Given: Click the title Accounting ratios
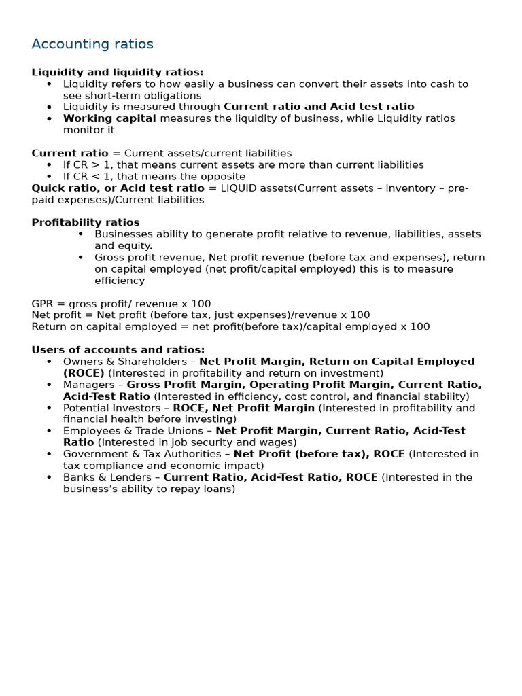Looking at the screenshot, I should pos(92,44).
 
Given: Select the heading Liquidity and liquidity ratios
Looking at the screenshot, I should pos(118,72).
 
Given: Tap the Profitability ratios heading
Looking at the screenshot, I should pos(86,222).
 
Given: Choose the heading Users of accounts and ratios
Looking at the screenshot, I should pos(118,349).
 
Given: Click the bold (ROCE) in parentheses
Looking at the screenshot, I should pos(84,373).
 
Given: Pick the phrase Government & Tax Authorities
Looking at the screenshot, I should pos(144,454).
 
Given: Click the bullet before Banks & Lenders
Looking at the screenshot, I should pos(49,477).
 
